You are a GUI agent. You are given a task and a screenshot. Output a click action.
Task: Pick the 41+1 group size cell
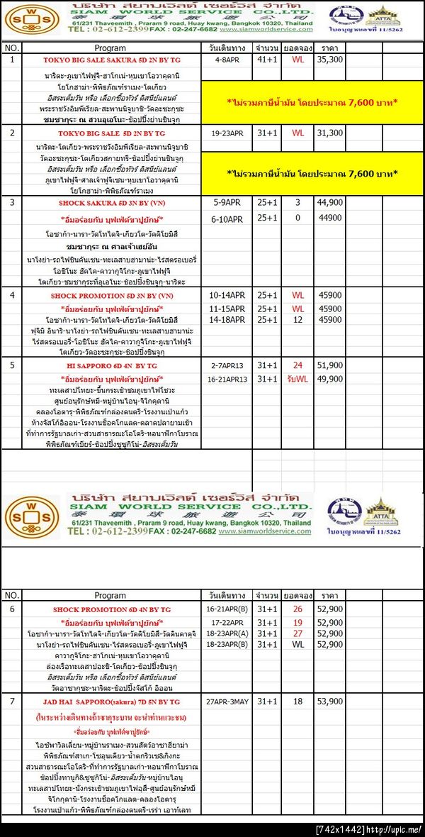[x=267, y=60]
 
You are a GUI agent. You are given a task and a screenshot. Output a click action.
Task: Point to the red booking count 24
[x=297, y=365]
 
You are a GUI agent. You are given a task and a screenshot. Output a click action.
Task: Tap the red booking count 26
[x=297, y=609]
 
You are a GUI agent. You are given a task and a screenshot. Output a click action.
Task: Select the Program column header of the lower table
[x=110, y=594]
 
